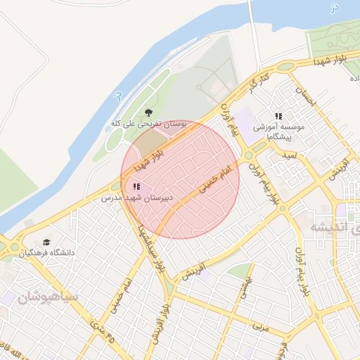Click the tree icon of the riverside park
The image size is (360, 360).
click(148, 112)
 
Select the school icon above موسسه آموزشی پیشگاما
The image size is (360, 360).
click(278, 115)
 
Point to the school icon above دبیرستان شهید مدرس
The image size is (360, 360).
click(136, 186)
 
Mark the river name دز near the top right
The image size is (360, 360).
click(335, 6)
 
